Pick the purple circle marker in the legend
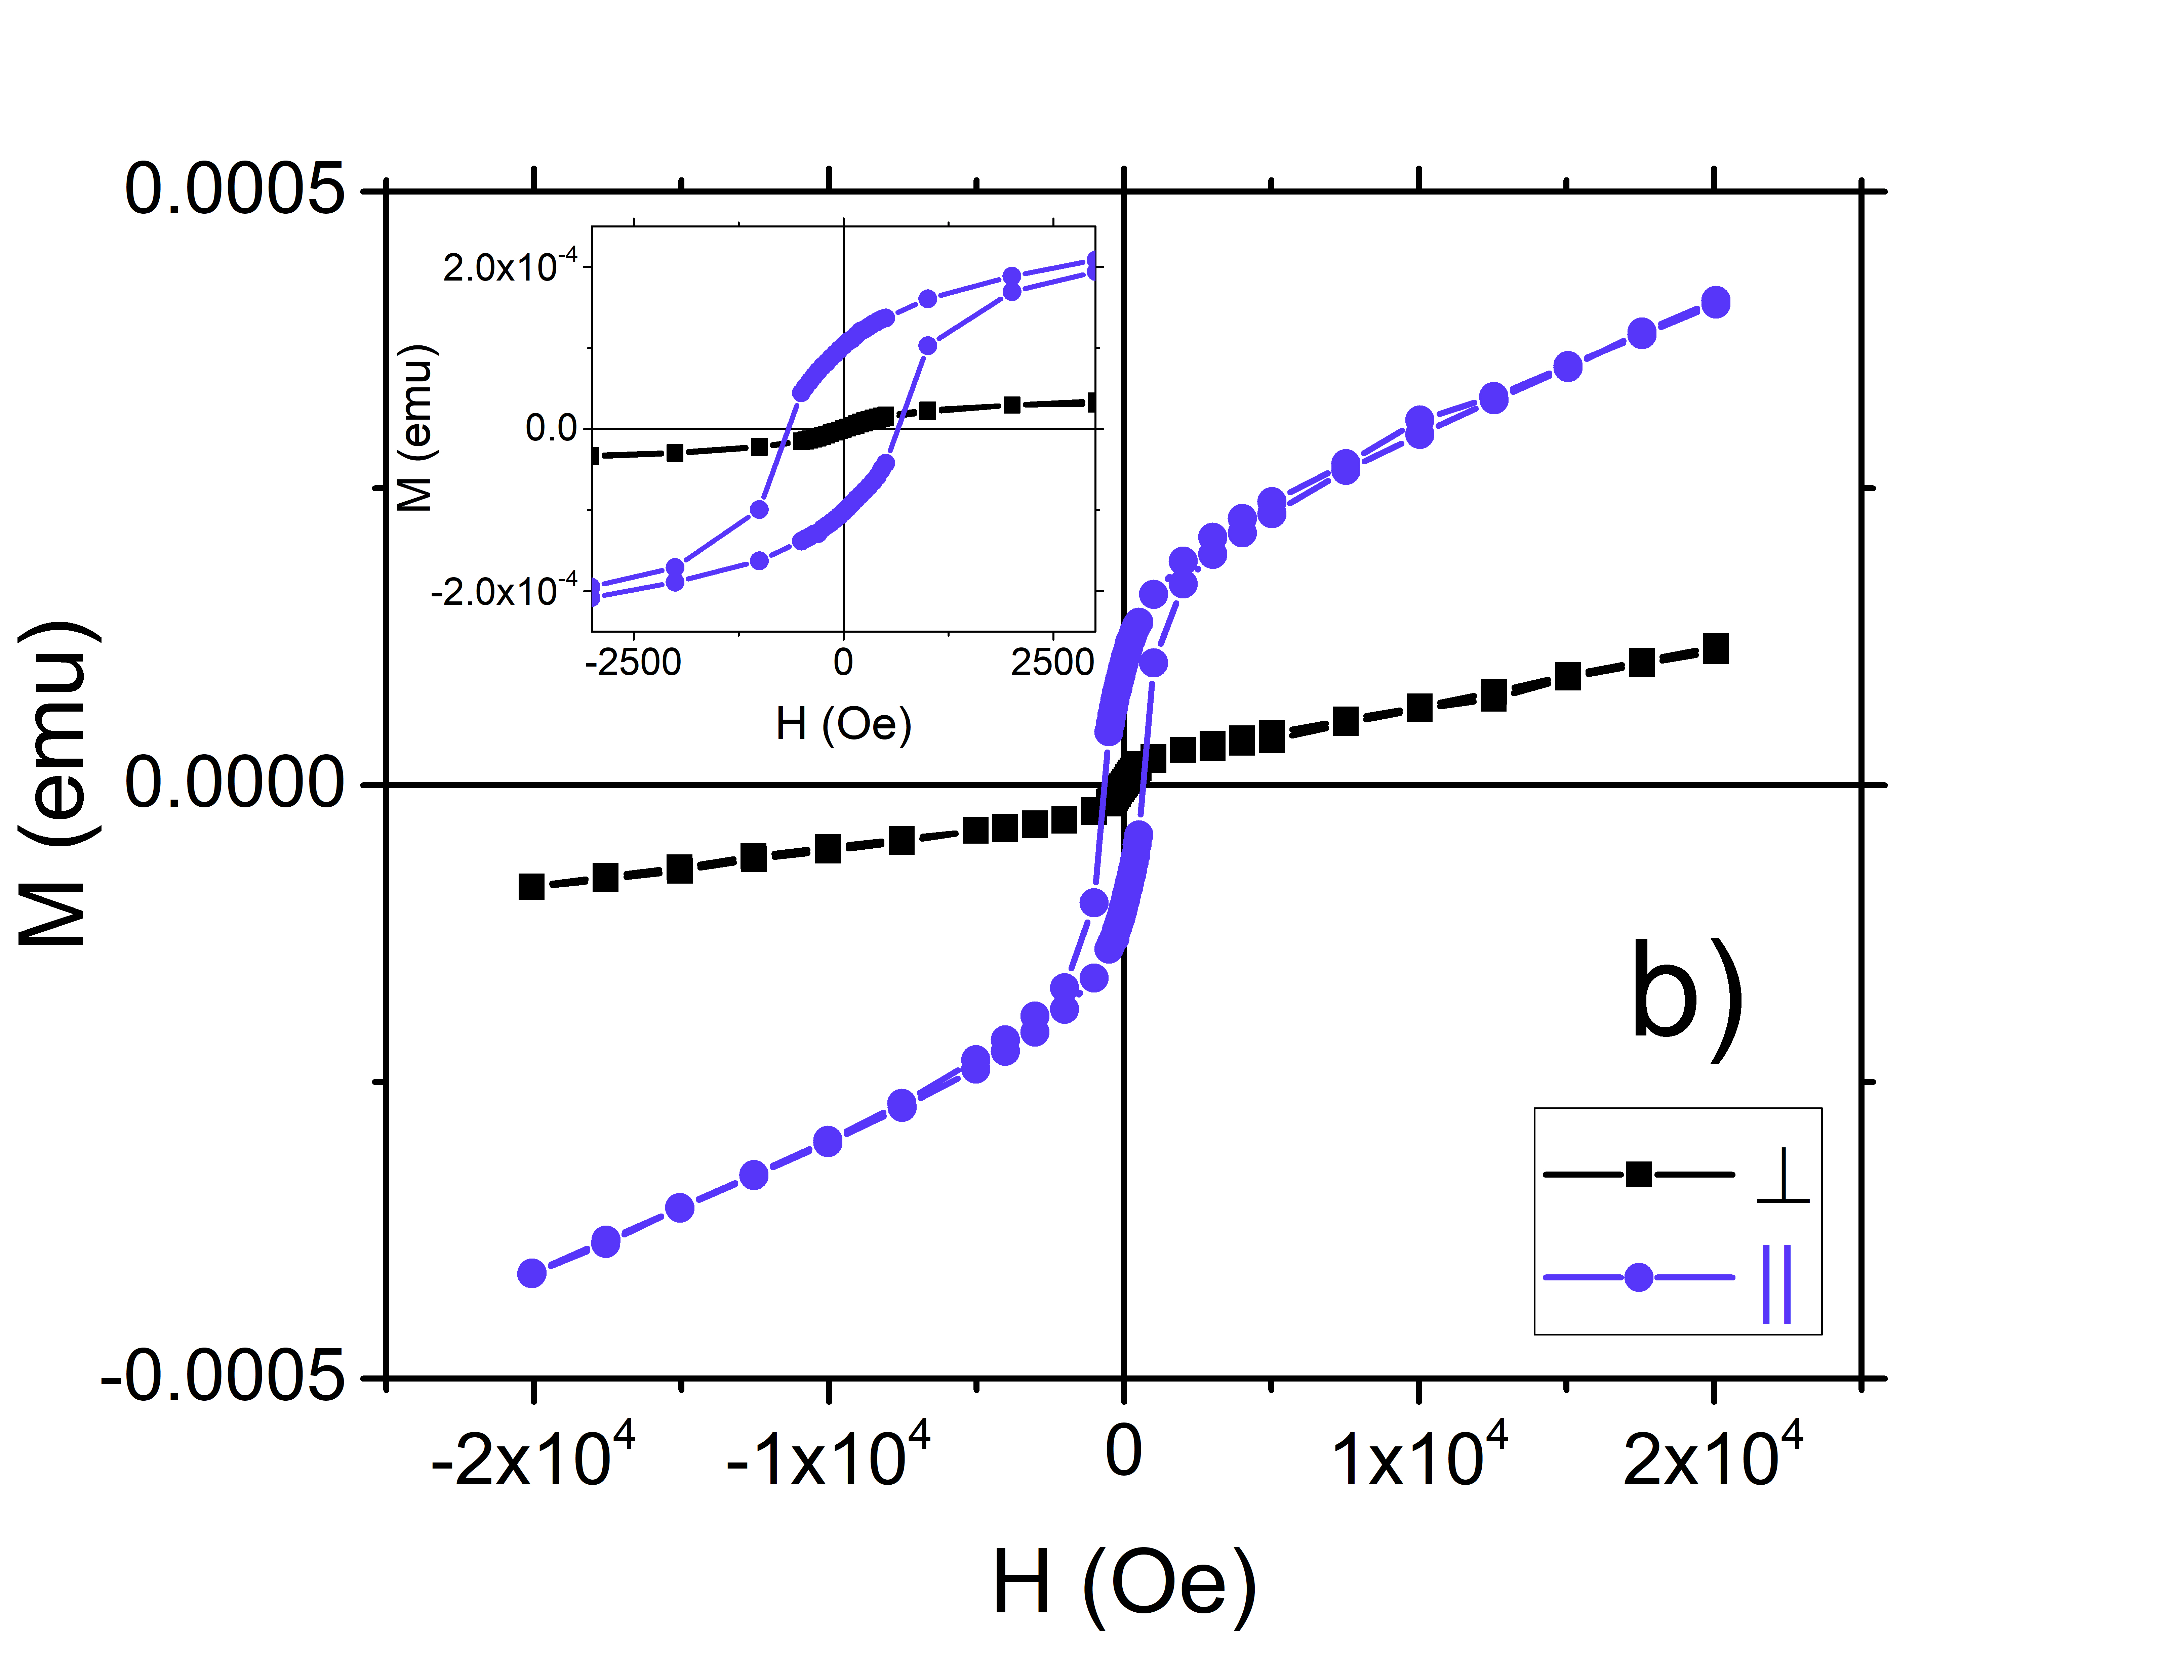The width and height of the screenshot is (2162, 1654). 1638,1278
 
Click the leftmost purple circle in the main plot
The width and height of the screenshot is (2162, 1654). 532,1273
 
